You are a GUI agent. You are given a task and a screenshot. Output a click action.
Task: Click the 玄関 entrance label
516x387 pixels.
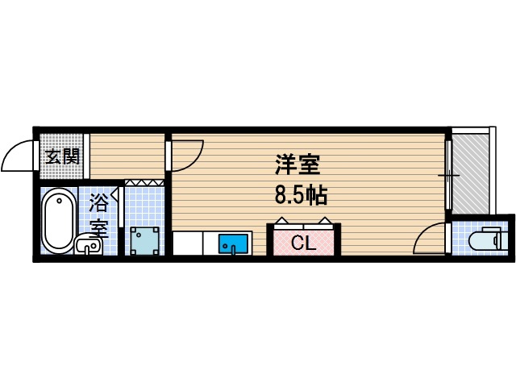click(x=61, y=156)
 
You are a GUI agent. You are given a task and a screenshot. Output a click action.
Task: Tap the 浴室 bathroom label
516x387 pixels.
click(x=99, y=214)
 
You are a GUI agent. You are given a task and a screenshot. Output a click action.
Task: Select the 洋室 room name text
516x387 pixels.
click(x=298, y=166)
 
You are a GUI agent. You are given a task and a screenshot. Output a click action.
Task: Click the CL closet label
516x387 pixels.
click(x=303, y=243)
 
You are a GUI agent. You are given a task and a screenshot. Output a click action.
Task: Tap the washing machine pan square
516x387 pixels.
click(x=146, y=239)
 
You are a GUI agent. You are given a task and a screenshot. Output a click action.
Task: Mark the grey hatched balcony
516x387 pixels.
click(x=470, y=173)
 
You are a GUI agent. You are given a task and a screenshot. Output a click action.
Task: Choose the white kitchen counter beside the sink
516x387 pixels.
click(x=193, y=243)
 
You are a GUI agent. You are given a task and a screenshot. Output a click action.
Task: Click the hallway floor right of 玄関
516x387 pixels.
click(x=126, y=156)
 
